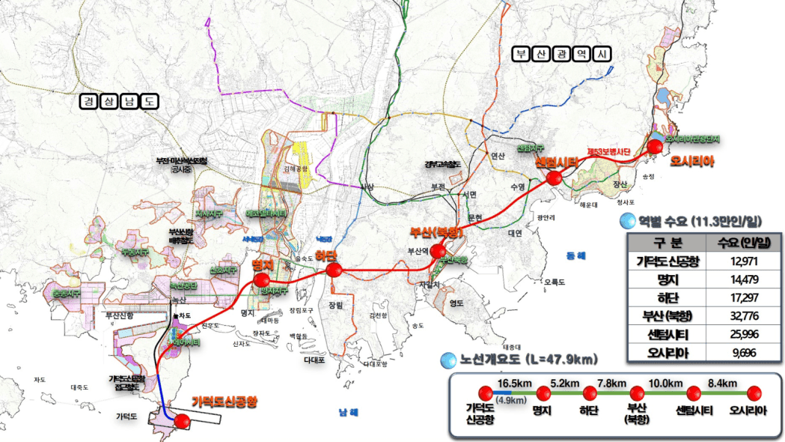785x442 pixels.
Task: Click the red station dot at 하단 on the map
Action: tap(335, 270)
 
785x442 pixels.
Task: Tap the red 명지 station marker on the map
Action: tap(261, 280)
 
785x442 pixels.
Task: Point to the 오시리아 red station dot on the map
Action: tap(656, 146)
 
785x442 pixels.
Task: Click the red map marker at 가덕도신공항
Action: tap(181, 421)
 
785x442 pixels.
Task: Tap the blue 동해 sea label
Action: tap(576, 255)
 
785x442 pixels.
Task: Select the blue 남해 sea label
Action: tap(348, 412)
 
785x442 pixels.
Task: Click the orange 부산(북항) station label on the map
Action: tap(437, 232)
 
